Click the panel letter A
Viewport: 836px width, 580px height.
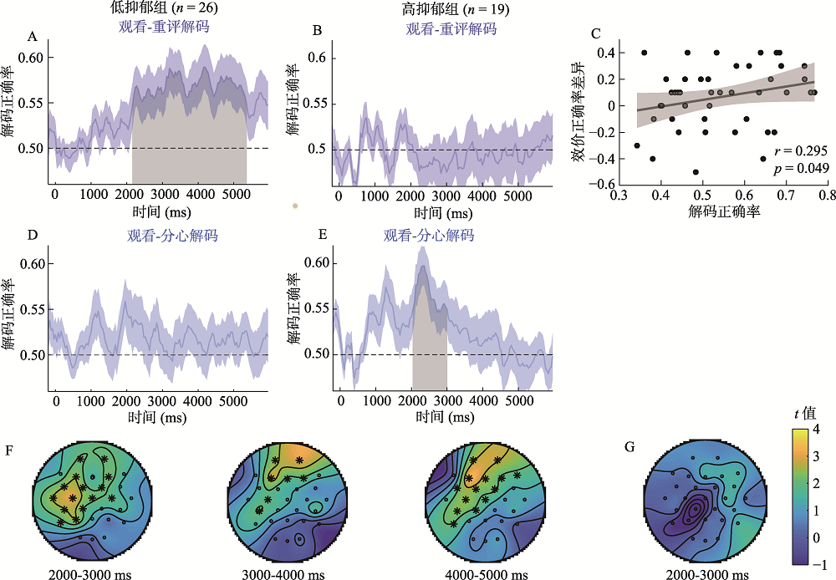(33, 36)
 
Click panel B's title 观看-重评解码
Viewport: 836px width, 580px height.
(451, 29)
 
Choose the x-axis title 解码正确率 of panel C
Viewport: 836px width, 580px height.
(723, 212)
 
